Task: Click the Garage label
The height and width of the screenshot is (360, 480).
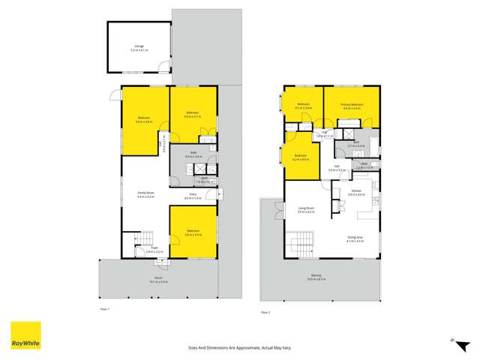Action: pyautogui.click(x=139, y=48)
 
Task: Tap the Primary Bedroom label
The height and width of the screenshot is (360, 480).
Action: pyautogui.click(x=352, y=104)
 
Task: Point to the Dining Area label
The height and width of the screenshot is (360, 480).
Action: pyautogui.click(x=355, y=238)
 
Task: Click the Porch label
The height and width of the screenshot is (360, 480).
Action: pyautogui.click(x=158, y=280)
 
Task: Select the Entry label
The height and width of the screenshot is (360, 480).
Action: pyautogui.click(x=192, y=196)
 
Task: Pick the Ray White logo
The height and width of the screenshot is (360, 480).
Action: pyautogui.click(x=25, y=335)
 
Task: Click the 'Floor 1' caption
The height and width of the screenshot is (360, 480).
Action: pyautogui.click(x=105, y=309)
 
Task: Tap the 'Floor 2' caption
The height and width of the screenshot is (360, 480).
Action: pyautogui.click(x=265, y=311)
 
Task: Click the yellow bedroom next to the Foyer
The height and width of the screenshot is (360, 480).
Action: pyautogui.click(x=193, y=232)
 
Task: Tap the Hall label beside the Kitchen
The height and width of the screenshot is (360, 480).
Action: pyautogui.click(x=337, y=166)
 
